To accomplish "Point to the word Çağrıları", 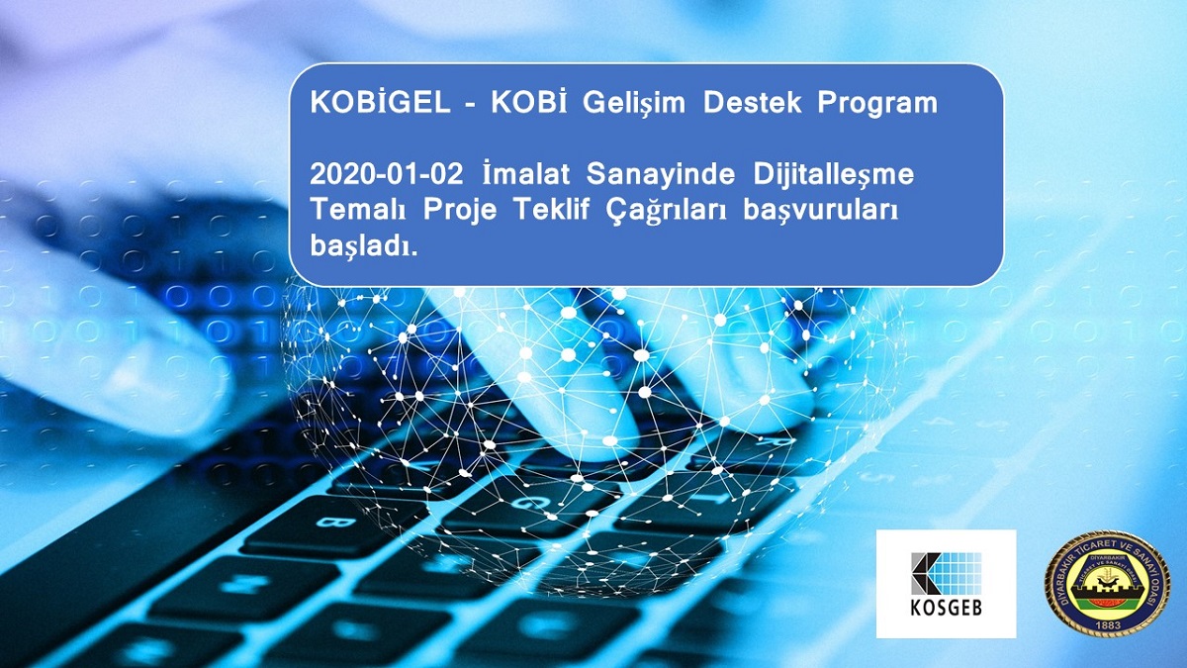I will (663, 211).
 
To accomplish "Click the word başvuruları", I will (820, 211).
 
